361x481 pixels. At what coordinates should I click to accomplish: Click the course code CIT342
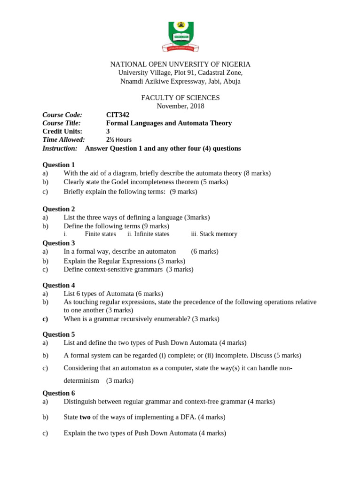click(x=118, y=115)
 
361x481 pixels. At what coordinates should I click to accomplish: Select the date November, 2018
click(x=180, y=106)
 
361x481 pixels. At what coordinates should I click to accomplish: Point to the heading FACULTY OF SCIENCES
click(x=180, y=98)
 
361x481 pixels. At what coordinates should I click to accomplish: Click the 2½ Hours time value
click(x=119, y=140)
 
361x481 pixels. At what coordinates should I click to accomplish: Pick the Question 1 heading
click(x=59, y=165)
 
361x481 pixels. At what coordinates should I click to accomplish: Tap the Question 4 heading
click(x=59, y=285)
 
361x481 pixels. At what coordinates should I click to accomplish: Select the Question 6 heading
click(x=59, y=393)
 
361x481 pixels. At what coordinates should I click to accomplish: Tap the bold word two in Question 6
click(x=85, y=417)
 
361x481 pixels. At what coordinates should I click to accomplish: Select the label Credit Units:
click(x=62, y=132)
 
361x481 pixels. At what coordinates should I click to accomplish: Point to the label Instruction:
click(x=60, y=148)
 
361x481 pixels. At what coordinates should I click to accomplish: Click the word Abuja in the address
click(x=230, y=81)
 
